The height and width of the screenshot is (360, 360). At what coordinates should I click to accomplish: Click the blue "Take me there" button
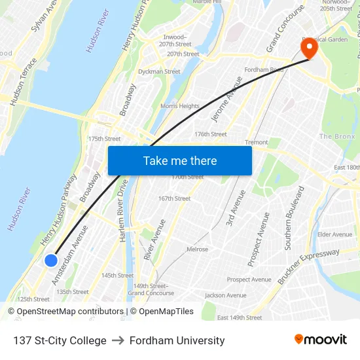click(180, 160)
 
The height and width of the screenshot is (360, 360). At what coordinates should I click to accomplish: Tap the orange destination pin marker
click(308, 48)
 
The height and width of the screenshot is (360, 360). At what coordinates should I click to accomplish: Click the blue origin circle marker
click(51, 261)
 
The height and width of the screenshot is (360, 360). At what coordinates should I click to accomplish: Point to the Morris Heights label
click(180, 106)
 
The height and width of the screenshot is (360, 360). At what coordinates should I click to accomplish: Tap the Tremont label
click(256, 142)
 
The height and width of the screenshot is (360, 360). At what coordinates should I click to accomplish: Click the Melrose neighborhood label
click(197, 249)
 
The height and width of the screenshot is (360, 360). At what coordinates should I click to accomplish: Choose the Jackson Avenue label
click(225, 295)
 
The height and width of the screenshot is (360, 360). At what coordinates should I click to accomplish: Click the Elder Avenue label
click(334, 234)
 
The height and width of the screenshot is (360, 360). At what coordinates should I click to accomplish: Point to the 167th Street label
click(174, 198)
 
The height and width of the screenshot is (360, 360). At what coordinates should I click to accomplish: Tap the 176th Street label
click(210, 134)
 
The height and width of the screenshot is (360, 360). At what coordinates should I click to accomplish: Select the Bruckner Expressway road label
click(309, 266)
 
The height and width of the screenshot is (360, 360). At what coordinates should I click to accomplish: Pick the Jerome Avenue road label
click(223, 99)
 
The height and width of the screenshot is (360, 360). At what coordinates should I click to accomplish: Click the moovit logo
click(321, 339)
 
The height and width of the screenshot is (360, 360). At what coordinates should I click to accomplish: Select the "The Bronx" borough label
click(336, 136)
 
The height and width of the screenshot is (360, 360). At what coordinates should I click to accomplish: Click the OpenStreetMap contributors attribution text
click(65, 312)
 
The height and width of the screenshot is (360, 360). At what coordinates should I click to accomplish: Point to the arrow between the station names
click(118, 340)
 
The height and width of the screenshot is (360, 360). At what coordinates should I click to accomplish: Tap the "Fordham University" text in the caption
click(177, 340)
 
